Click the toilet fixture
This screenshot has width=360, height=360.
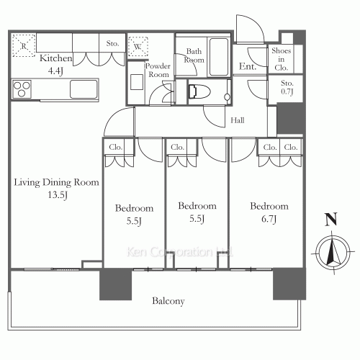tap(199, 91)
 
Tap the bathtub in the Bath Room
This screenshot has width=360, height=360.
tap(219, 57)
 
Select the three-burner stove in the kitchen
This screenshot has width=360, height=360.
tap(22, 89)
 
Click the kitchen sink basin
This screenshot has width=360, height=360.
tap(84, 89)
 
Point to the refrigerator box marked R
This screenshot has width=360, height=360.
tap(24, 45)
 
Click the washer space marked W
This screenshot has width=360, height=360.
tap(138, 47)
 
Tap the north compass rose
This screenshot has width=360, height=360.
tap(333, 252)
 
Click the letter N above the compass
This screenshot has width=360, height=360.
tap(331, 220)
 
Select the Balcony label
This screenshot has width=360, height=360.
tap(168, 301)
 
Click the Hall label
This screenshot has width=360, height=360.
tap(238, 120)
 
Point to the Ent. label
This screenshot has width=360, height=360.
tap(248, 66)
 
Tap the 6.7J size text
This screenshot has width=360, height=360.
tap(269, 219)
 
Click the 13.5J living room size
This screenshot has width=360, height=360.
tap(58, 194)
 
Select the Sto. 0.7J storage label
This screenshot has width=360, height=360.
tap(287, 87)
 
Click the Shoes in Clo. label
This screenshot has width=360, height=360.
tap(281, 59)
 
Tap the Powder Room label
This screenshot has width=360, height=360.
tap(158, 70)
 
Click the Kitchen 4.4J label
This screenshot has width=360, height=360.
tap(55, 64)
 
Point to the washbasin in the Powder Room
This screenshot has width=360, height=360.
tap(137, 82)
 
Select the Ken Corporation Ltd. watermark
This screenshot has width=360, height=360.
tap(179, 252)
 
